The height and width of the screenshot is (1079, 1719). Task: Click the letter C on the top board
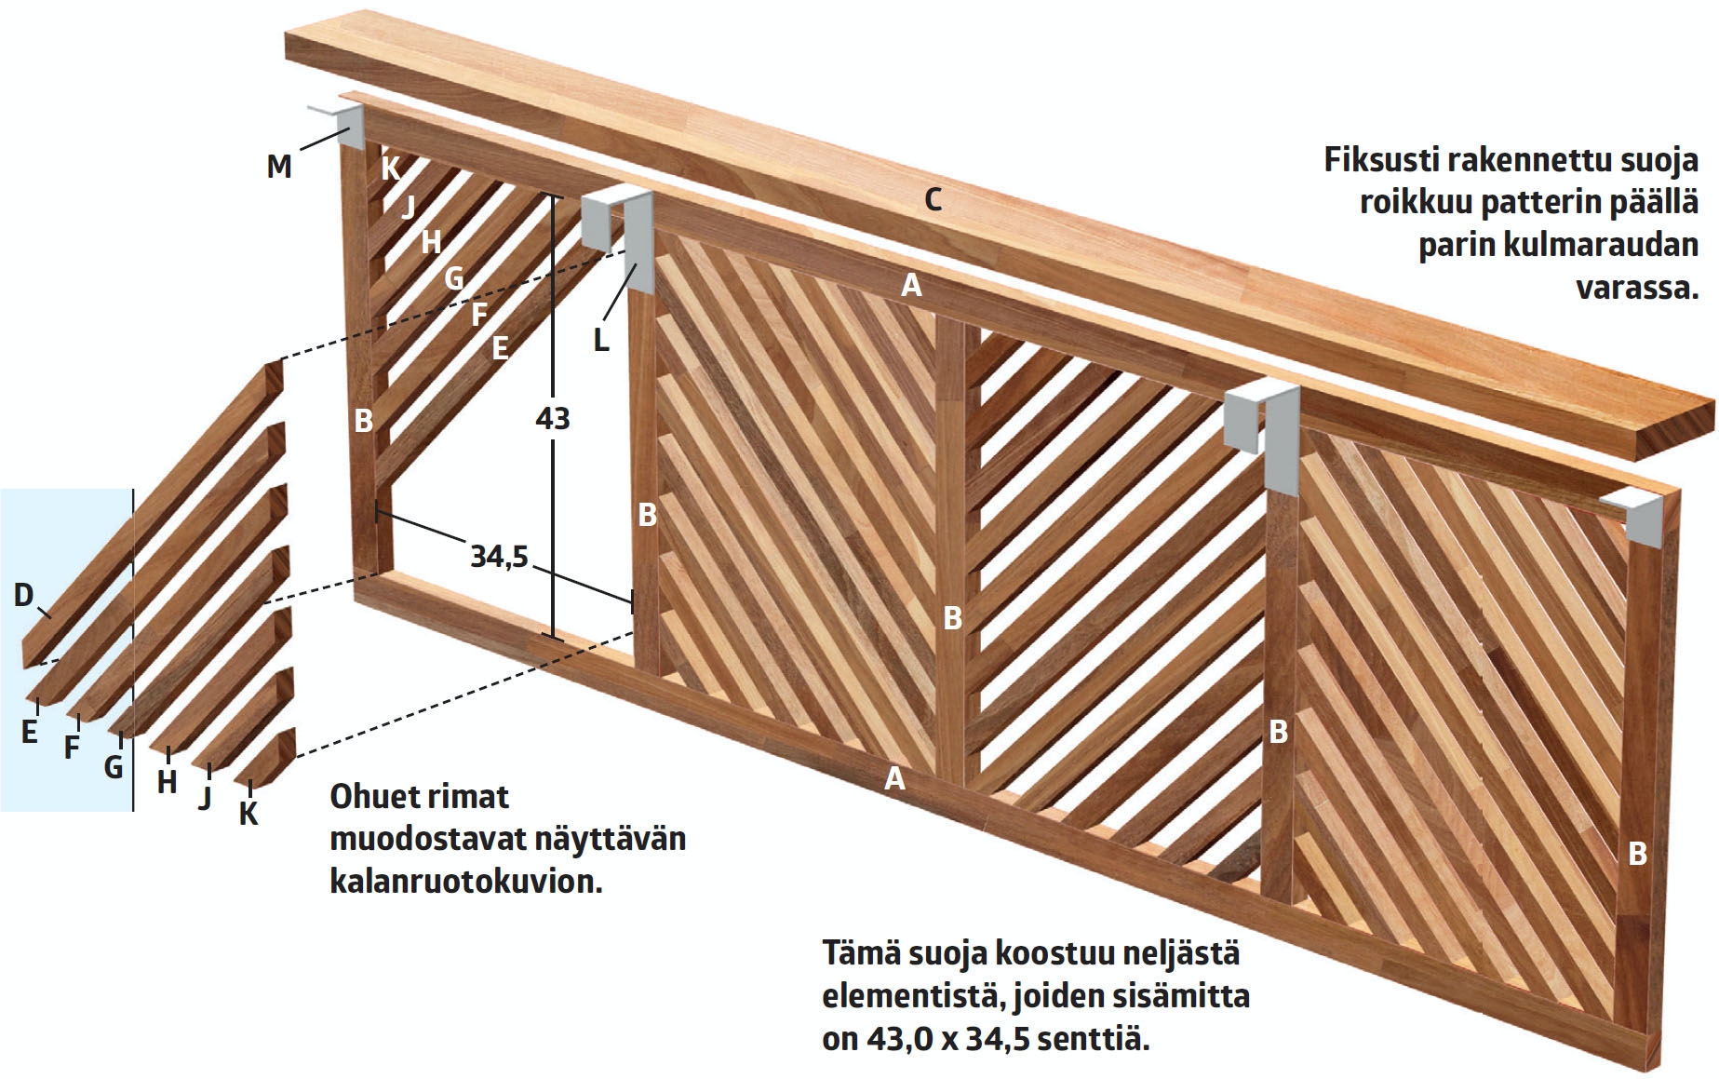(933, 199)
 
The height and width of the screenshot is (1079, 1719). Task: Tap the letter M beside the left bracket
(279, 167)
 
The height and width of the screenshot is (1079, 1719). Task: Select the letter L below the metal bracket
(601, 340)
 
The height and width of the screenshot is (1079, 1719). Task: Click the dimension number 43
(553, 419)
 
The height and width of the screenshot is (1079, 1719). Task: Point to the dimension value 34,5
(499, 557)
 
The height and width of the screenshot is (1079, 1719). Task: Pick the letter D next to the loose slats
(24, 595)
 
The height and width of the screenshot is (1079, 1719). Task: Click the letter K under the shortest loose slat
(248, 814)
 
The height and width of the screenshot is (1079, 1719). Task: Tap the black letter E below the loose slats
(30, 733)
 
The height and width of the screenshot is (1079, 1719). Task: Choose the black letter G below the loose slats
(114, 767)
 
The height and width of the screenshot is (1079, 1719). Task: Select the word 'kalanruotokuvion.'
(466, 881)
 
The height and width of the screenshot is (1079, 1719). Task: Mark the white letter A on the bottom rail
(894, 778)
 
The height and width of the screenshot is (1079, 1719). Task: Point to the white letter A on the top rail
(911, 285)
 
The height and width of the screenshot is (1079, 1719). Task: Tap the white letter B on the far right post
(1637, 853)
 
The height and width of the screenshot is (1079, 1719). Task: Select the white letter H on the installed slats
(431, 242)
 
